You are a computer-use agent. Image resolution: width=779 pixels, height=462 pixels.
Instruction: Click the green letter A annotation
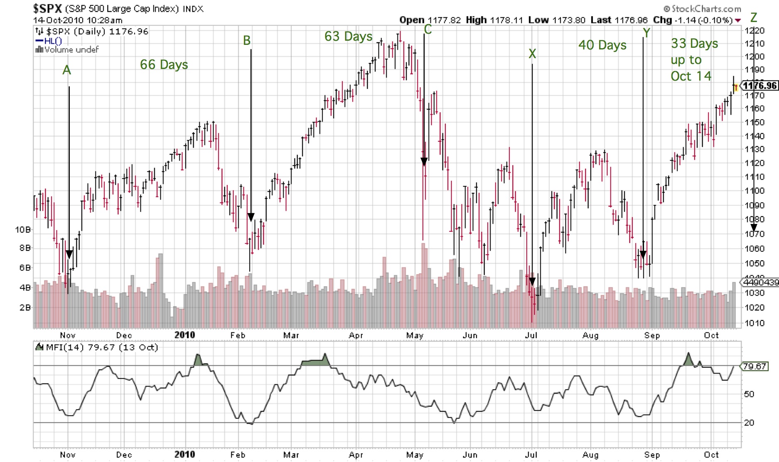[66, 70]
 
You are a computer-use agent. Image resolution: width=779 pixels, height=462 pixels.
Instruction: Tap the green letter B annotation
[247, 41]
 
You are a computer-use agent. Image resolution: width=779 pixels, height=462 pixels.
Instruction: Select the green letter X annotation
[532, 54]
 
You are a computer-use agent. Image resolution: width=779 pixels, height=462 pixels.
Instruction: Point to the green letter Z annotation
[754, 18]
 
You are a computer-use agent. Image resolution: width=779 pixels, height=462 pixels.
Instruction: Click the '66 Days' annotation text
[164, 65]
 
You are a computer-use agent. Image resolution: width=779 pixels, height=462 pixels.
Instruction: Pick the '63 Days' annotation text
[348, 37]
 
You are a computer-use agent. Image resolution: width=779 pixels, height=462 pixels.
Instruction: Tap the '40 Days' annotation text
[602, 45]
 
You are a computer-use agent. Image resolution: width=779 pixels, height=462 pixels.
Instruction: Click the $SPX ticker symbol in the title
[47, 8]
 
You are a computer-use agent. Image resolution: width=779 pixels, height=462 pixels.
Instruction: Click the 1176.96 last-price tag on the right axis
[759, 86]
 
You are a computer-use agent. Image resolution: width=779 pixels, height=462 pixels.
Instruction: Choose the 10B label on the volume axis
[23, 229]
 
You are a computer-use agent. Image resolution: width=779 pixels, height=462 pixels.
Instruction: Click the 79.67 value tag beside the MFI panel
[755, 366]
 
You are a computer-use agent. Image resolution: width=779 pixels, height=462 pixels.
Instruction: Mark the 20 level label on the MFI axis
[749, 423]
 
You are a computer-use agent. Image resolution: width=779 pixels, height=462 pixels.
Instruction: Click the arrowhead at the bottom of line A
[69, 254]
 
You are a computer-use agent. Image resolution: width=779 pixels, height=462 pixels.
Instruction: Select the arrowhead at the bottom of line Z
[754, 227]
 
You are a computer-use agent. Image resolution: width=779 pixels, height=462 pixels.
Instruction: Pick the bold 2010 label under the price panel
[184, 335]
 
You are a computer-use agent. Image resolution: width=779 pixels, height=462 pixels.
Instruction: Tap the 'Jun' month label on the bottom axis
[470, 455]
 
